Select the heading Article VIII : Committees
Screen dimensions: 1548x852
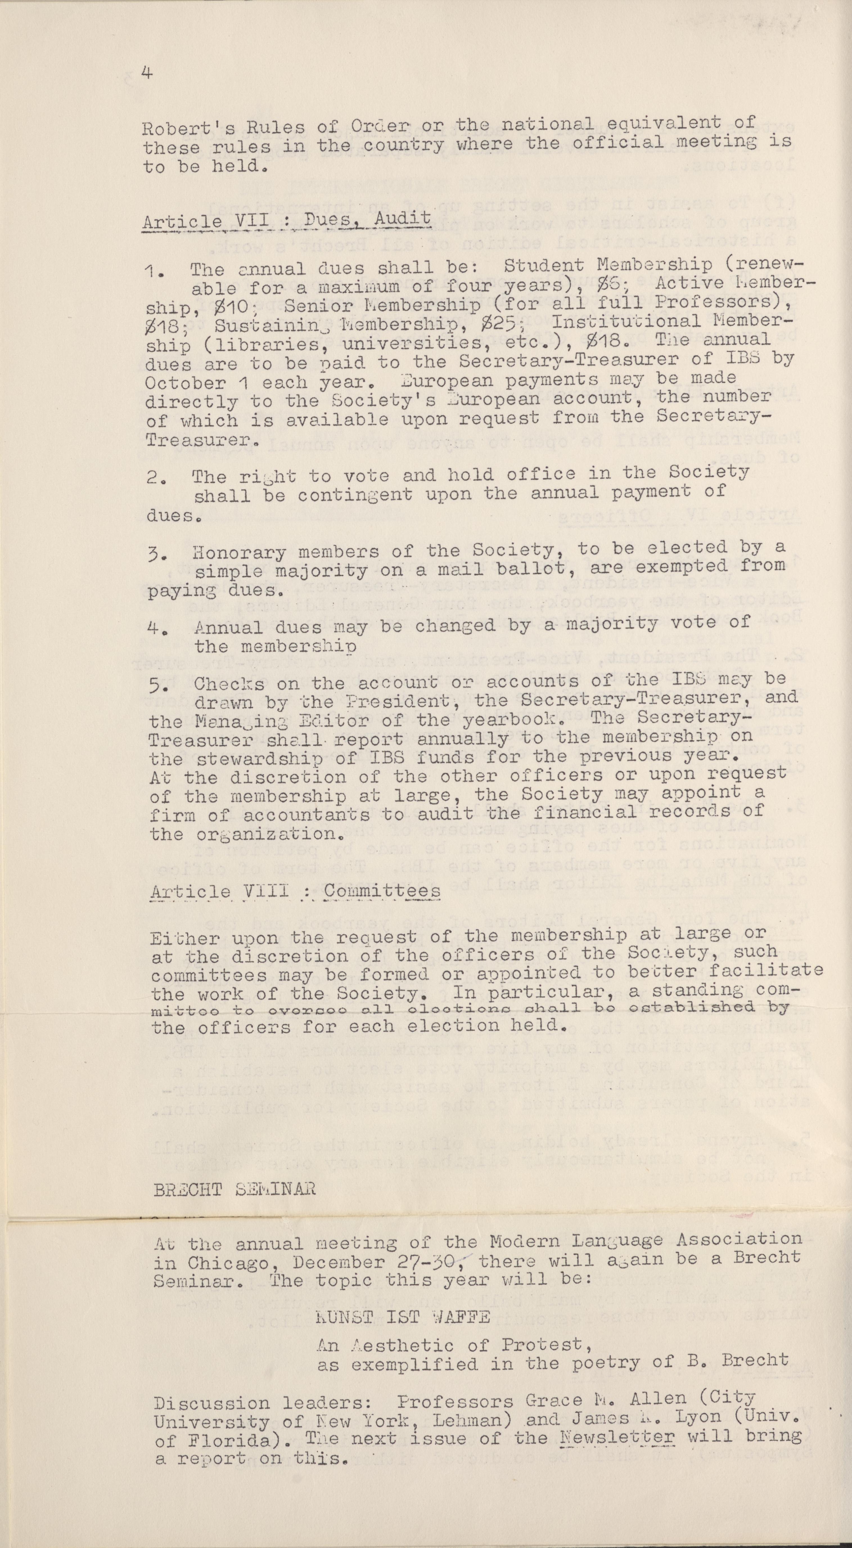[x=294, y=891]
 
